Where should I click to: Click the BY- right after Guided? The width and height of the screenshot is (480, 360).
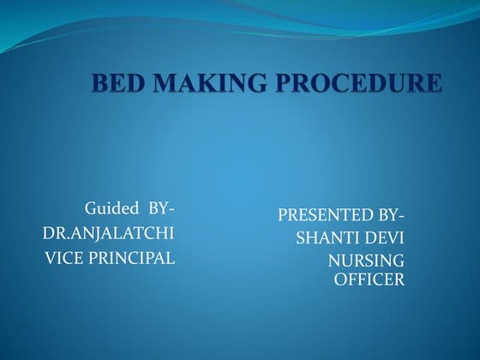tap(160, 208)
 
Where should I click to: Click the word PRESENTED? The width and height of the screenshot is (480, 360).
tap(321, 214)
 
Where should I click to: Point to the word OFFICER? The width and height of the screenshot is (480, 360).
tap(369, 279)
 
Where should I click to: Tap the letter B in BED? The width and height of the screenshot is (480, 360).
tap(99, 84)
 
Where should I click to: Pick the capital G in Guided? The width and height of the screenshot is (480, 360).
tap(89, 208)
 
